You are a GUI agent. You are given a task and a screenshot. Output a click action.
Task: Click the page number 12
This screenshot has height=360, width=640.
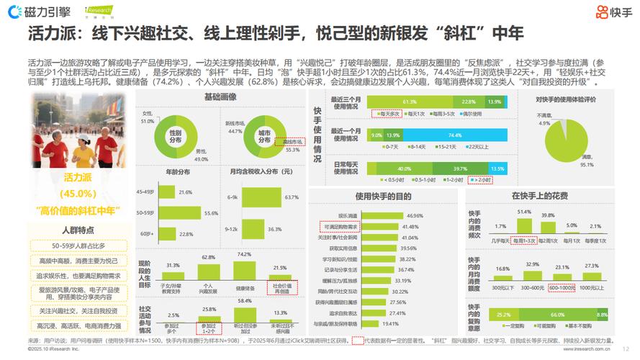pos(625,347)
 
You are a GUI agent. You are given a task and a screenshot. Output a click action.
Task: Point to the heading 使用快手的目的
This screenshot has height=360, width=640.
pos(379,196)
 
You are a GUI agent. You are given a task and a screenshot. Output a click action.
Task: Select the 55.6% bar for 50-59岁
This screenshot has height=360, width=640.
pos(180,214)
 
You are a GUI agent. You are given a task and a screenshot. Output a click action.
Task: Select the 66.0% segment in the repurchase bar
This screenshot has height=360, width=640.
pos(556,315)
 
